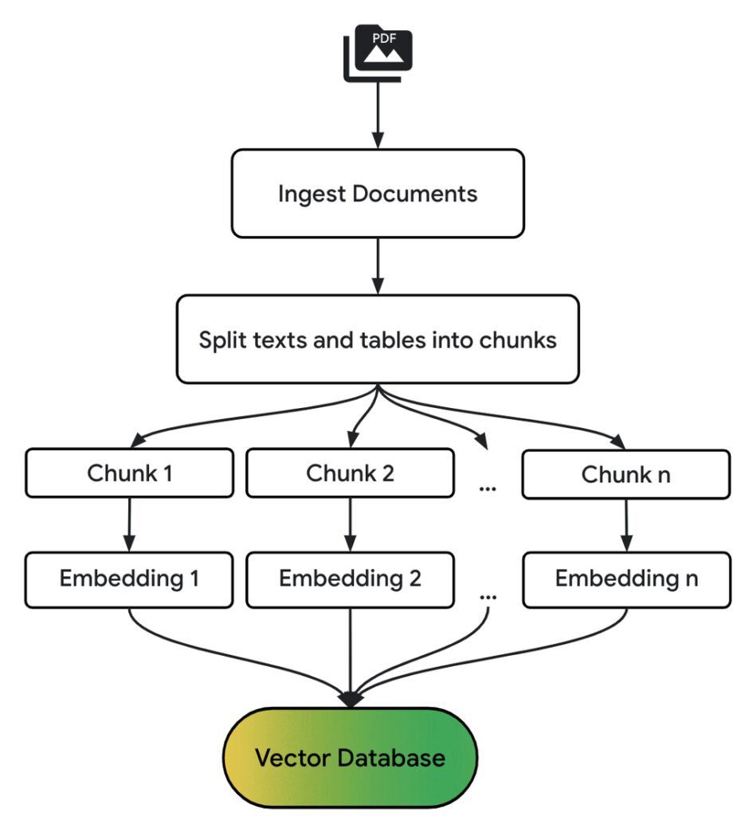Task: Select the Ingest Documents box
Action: click(x=378, y=194)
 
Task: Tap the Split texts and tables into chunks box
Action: click(x=378, y=339)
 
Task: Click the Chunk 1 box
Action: click(x=130, y=473)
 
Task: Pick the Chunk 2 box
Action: click(x=351, y=473)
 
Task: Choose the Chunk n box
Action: click(x=625, y=475)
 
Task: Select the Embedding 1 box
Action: click(x=130, y=579)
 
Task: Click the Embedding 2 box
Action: click(x=351, y=579)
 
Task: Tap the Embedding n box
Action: click(x=626, y=579)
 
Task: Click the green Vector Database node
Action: click(x=351, y=757)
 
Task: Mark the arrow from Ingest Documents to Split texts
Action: click(x=378, y=265)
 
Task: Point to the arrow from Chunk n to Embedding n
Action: click(x=626, y=526)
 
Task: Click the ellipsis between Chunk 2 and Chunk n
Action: click(x=487, y=487)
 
